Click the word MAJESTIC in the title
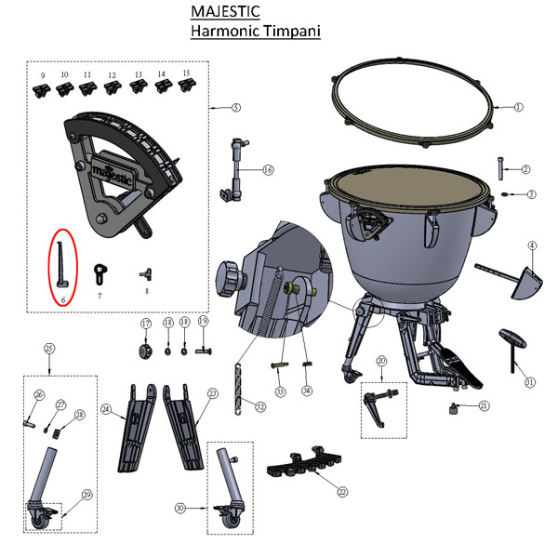click(x=225, y=11)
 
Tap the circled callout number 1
click(x=519, y=107)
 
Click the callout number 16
click(x=268, y=170)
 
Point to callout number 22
click(x=342, y=492)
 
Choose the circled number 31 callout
click(x=530, y=382)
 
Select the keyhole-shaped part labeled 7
click(x=100, y=274)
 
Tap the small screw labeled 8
click(x=146, y=274)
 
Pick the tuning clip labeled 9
click(x=41, y=91)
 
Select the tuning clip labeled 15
click(x=187, y=86)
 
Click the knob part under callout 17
click(x=146, y=351)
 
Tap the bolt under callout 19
click(x=204, y=351)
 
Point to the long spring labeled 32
click(x=238, y=389)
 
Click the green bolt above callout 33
click(x=280, y=365)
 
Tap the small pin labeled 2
click(x=500, y=168)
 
